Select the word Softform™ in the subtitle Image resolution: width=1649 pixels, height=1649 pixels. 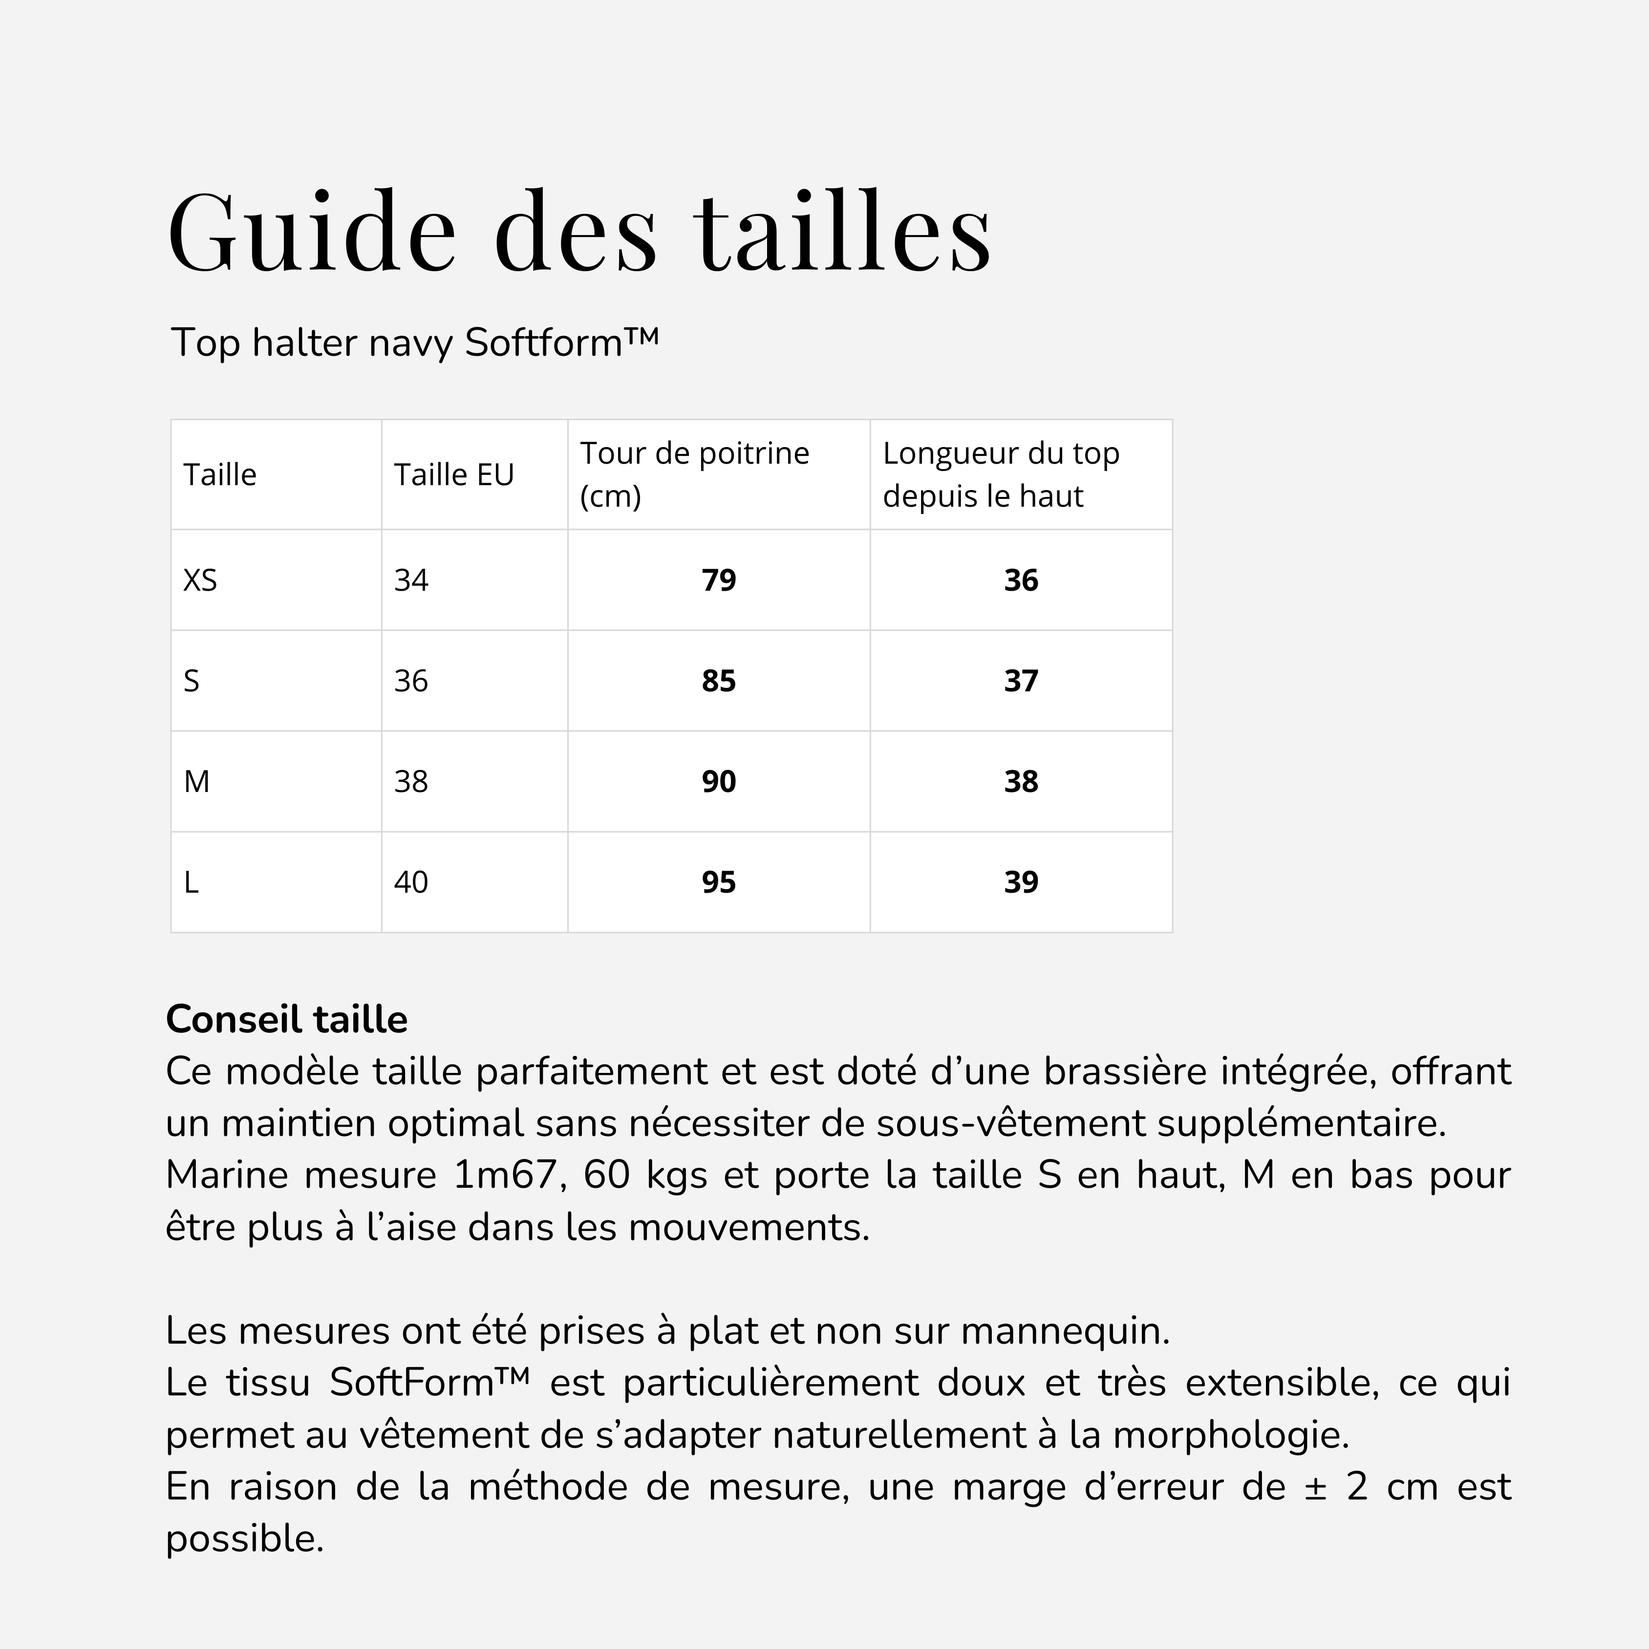[561, 343]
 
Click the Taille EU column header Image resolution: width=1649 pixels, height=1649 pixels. [453, 474]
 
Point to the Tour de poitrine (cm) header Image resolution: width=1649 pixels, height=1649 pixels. [694, 474]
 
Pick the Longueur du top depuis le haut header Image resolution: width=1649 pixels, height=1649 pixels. [1000, 474]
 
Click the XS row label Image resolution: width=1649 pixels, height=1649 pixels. [201, 580]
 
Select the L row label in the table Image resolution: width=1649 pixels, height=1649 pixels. [191, 882]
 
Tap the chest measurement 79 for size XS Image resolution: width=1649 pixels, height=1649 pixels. [719, 580]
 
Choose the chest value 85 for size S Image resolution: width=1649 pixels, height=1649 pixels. [719, 681]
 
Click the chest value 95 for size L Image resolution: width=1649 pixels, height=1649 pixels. [719, 882]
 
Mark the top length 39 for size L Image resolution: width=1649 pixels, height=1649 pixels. [1021, 882]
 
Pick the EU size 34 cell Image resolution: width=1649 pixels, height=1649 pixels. [410, 580]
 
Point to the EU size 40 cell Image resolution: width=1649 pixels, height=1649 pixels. [410, 882]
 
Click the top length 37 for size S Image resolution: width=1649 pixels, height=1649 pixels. [1021, 681]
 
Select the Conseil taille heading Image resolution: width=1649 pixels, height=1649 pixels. [287, 1019]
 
